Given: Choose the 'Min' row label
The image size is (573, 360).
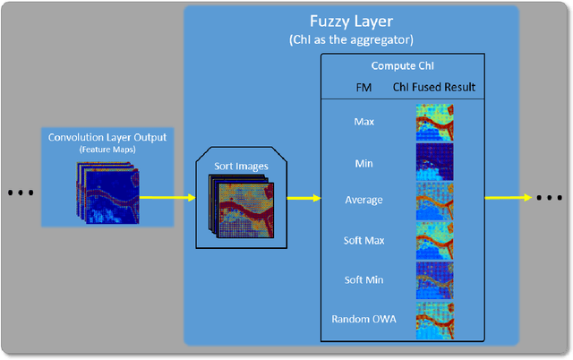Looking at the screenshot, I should [x=363, y=162].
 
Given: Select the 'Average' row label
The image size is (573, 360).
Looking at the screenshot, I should [x=363, y=200].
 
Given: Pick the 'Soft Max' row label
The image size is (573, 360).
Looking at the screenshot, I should [x=363, y=240].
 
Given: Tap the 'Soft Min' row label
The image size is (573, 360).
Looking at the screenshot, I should [x=363, y=279].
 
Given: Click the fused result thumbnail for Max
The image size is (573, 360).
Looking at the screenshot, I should [x=434, y=122].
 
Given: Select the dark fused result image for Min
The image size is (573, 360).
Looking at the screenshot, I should [x=434, y=162].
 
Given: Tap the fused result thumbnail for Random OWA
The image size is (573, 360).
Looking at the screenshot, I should [x=434, y=320].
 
